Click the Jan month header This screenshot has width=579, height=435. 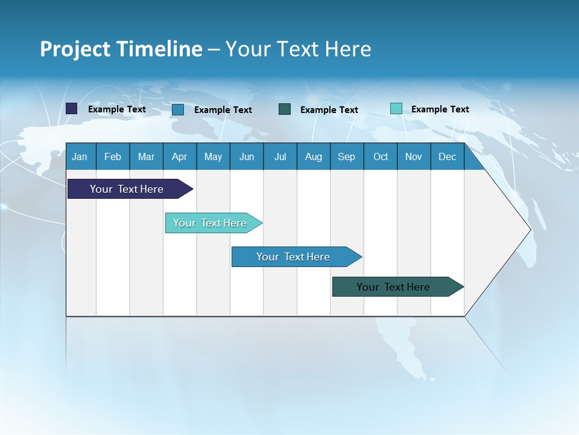tap(80, 156)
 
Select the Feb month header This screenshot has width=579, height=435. tap(113, 156)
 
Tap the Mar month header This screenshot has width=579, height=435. tap(146, 156)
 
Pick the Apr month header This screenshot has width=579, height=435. tap(180, 156)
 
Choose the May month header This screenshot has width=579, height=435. tap(213, 156)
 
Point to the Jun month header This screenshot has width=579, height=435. tap(247, 156)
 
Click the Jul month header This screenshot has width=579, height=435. tap(280, 156)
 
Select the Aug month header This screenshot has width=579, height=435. tap(314, 156)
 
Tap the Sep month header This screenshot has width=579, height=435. tap(347, 156)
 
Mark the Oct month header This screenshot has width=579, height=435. tap(381, 156)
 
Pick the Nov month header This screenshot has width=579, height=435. tap(414, 156)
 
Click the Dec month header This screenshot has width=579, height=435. tap(448, 156)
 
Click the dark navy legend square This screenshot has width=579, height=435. tap(72, 109)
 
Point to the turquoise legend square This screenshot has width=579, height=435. tap(396, 109)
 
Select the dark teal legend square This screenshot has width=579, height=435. tap(285, 109)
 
